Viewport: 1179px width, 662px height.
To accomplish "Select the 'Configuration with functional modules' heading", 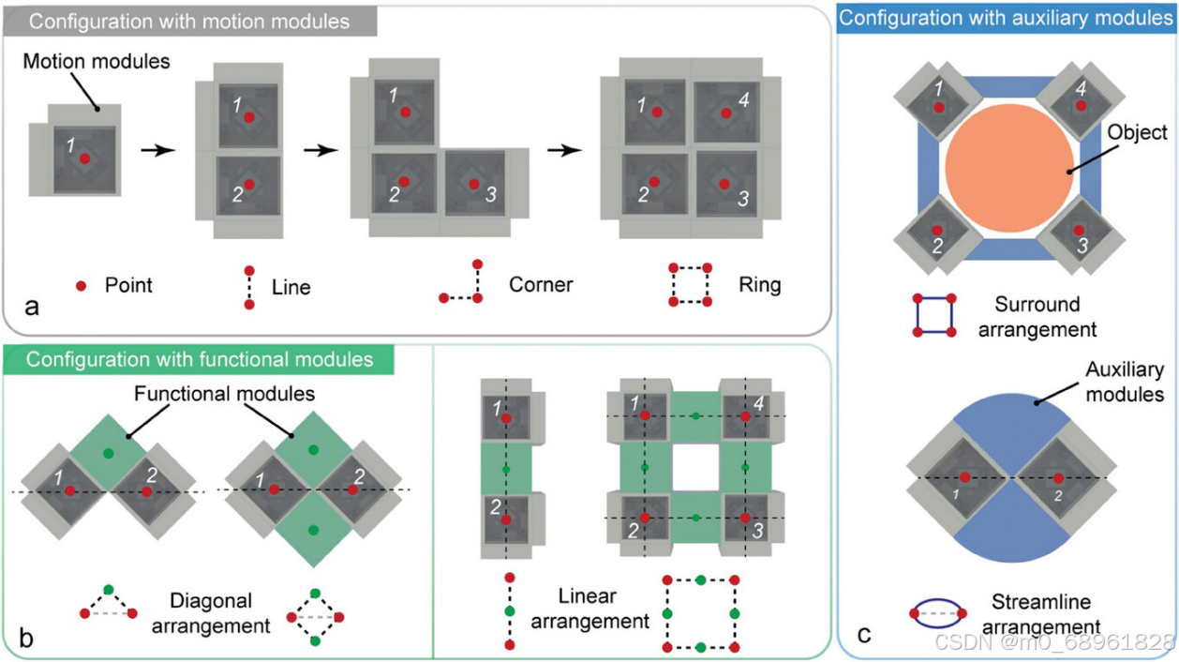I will (200, 359).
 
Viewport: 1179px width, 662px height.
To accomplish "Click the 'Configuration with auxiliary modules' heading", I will (1006, 17).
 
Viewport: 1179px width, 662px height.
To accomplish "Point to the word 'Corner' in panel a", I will (541, 283).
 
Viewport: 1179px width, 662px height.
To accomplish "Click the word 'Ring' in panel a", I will (759, 283).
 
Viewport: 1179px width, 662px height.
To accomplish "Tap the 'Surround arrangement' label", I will (1037, 317).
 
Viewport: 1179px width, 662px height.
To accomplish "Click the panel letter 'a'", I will (32, 306).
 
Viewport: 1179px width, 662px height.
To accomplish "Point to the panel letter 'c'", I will (864, 635).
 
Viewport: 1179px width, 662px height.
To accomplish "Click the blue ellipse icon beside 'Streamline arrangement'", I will (935, 614).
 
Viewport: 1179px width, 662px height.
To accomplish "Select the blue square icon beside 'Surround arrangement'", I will (934, 316).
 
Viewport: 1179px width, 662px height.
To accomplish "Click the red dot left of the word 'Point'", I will (82, 285).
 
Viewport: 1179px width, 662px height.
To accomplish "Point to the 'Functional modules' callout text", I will (223, 393).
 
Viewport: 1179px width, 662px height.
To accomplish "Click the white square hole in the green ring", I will (694, 466).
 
